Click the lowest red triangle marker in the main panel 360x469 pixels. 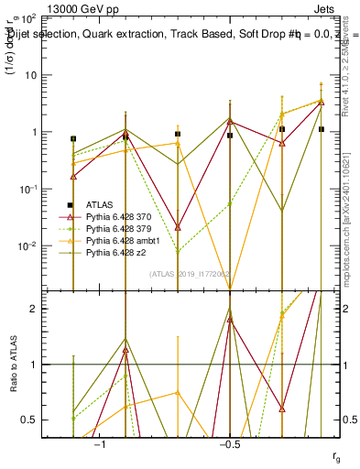pos(178,226)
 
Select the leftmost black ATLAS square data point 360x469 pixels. pos(73,139)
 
